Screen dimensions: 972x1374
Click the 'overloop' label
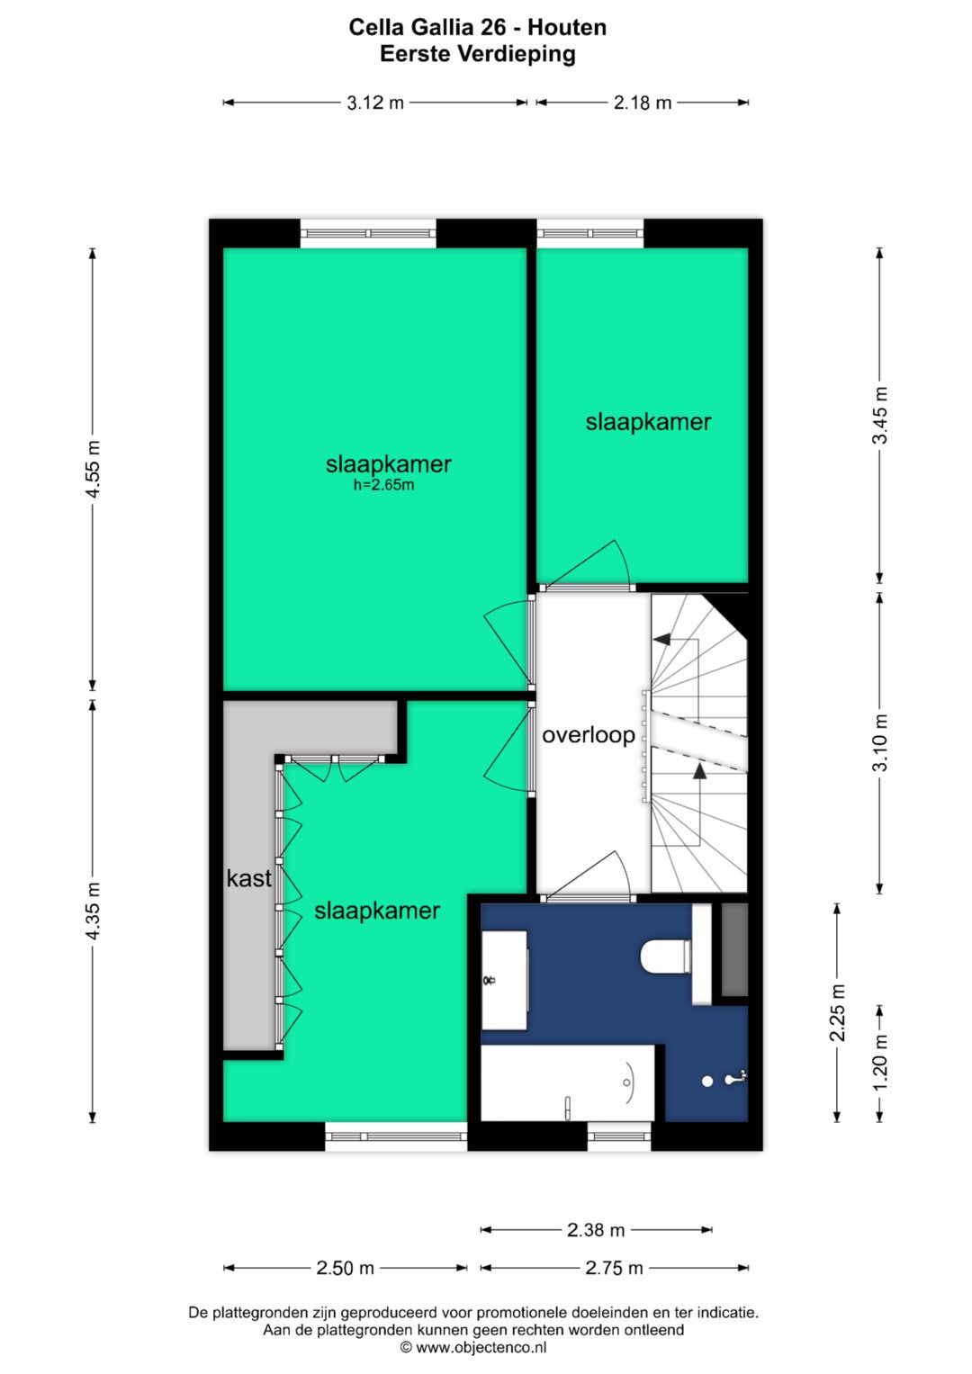pos(589,735)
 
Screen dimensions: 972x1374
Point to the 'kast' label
pos(248,878)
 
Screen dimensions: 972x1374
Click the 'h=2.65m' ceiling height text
pos(383,485)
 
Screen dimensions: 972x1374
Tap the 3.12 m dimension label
pos(375,103)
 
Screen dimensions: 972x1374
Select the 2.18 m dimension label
pos(643,103)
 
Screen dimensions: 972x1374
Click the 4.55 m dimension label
pos(93,469)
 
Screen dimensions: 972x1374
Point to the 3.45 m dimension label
pos(880,416)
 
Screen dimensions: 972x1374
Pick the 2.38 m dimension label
pos(595,1230)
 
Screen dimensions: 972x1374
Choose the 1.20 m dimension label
pos(880,1064)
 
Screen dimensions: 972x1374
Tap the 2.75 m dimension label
pos(614,1268)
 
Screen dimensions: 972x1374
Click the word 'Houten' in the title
pos(567,28)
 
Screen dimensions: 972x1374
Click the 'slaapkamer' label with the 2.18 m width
pos(648,422)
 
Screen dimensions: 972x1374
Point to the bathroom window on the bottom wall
pos(618,1136)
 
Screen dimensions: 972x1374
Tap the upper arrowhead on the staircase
pos(661,639)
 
